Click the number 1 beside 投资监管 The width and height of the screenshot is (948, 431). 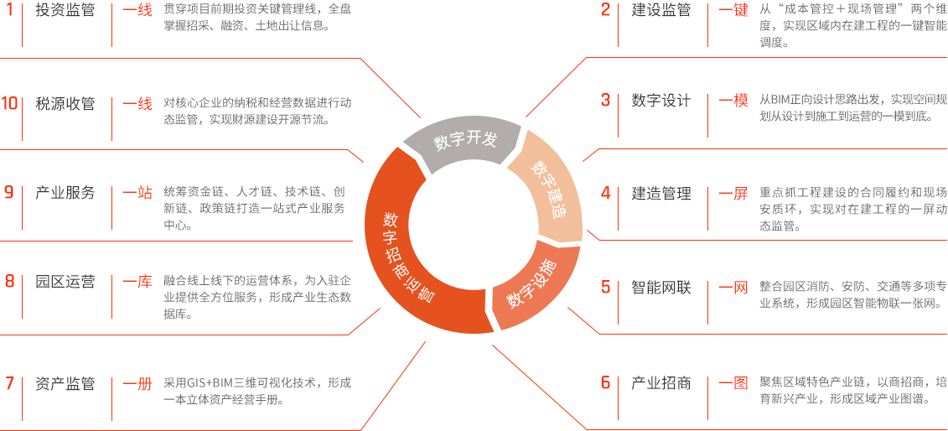(8, 11)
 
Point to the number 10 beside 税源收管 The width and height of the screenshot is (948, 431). (10, 103)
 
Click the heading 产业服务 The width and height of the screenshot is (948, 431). (65, 193)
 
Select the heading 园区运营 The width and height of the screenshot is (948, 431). (65, 282)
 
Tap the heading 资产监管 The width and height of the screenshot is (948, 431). (65, 383)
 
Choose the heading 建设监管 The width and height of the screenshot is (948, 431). (660, 11)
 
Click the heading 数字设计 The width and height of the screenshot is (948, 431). (660, 100)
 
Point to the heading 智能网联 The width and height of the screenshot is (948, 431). (660, 287)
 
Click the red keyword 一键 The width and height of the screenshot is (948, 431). (733, 11)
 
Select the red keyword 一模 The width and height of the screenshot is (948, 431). (733, 100)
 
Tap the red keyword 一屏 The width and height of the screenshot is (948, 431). (733, 194)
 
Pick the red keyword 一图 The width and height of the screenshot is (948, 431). (733, 383)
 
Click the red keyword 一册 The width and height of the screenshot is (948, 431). (137, 383)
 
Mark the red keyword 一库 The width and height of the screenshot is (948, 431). (137, 282)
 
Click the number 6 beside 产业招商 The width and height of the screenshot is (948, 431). (605, 383)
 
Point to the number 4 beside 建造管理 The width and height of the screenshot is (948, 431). (605, 194)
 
